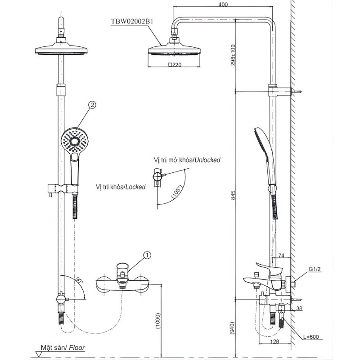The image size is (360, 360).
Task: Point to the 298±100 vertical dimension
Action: [x=232, y=55]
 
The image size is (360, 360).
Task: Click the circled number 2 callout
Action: [x=92, y=105]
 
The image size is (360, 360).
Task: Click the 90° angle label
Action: [x=80, y=280]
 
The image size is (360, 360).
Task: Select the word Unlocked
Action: [x=208, y=160]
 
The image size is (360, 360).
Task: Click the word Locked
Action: [x=135, y=186]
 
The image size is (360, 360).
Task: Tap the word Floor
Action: [x=77, y=348]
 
